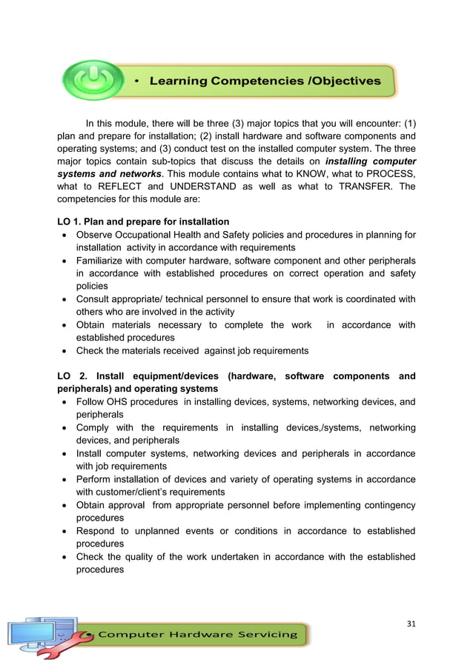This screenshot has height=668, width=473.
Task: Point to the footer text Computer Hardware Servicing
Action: pos(198,634)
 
